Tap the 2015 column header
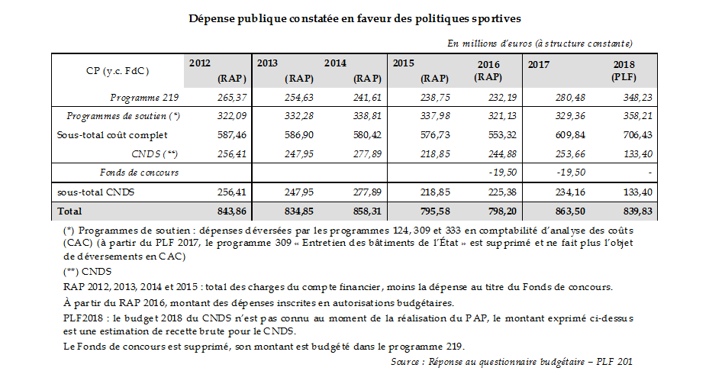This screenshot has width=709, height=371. pyautogui.click(x=404, y=63)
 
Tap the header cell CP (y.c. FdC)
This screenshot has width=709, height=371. pyautogui.click(x=118, y=70)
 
